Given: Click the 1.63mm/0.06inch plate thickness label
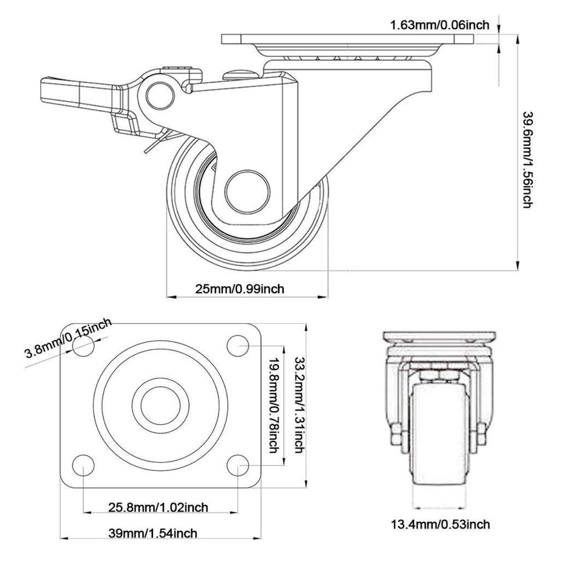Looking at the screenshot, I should click(440, 24).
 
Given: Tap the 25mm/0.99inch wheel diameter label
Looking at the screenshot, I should click(240, 288).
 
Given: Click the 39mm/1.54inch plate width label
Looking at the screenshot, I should click(153, 533).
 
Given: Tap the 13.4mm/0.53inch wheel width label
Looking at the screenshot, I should click(440, 523).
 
